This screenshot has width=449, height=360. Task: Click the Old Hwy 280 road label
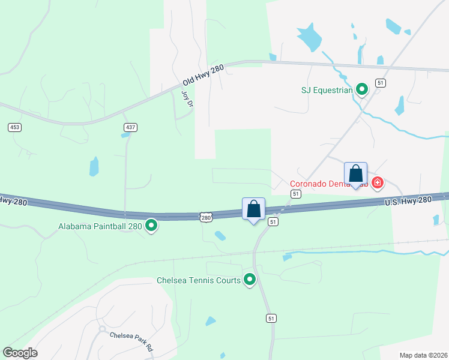(203, 75)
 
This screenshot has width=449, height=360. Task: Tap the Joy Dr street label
(187, 99)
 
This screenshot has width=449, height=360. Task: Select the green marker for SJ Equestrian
(362, 90)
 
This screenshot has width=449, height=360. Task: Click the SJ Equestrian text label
(326, 91)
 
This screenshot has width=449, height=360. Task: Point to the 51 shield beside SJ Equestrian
(380, 83)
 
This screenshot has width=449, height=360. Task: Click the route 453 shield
(14, 127)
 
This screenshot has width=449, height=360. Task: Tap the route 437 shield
(130, 127)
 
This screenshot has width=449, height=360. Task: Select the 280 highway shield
(206, 216)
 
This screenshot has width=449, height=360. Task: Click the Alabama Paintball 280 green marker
(152, 226)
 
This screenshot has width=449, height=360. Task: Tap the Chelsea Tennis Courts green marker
(250, 279)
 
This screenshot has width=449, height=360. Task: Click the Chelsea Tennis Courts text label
(199, 280)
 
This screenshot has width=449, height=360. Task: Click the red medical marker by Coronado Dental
(378, 182)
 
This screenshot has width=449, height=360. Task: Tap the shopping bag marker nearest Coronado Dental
(355, 174)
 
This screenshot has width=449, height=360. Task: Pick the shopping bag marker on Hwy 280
(253, 209)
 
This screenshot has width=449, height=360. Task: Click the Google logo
(20, 353)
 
